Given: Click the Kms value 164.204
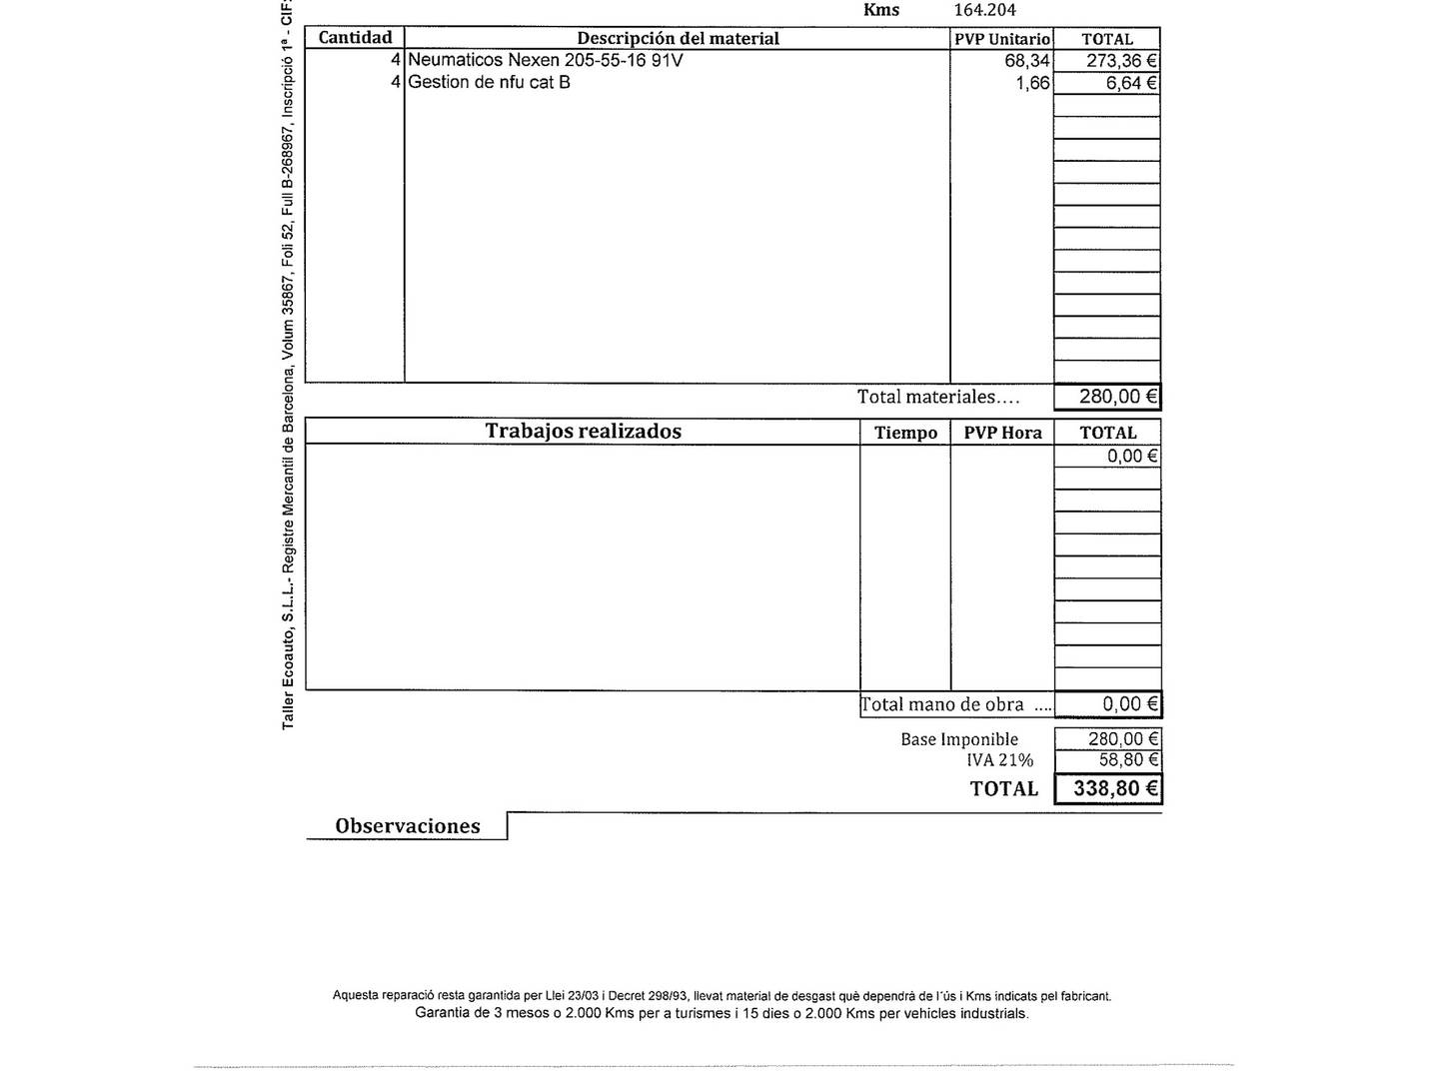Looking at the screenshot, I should (x=984, y=10).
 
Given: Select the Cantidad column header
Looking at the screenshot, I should (x=355, y=38).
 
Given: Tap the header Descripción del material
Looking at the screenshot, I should (x=678, y=39).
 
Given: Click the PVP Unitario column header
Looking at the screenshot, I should (x=1002, y=39).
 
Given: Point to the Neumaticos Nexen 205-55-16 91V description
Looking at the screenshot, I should (x=546, y=60).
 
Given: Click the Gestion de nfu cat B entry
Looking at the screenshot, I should (x=489, y=82).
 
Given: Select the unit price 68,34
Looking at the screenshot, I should (x=1026, y=61).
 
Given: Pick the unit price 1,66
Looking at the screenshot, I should (x=1032, y=83).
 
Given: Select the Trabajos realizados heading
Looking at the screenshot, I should (x=583, y=431).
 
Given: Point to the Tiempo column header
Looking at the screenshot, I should (x=905, y=433).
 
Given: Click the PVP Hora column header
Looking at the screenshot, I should (x=1002, y=433).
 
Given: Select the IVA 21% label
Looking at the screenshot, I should (x=999, y=760).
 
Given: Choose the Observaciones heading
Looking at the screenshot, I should (x=408, y=826).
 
